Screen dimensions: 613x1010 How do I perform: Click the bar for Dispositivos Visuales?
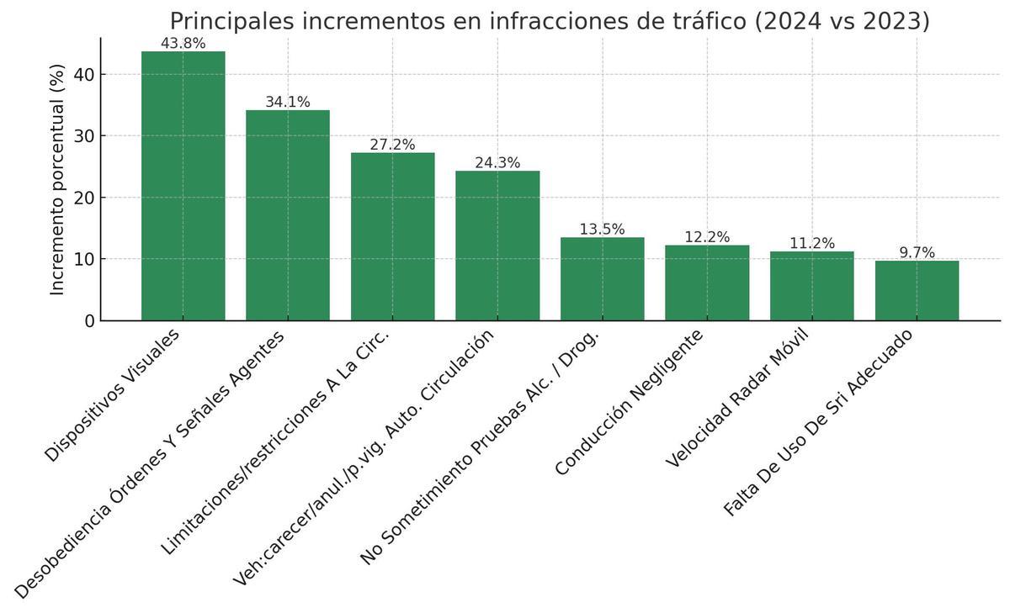click(x=183, y=186)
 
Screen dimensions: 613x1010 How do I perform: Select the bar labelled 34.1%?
click(x=287, y=215)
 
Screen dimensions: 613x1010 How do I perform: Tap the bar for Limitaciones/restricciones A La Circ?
click(x=392, y=236)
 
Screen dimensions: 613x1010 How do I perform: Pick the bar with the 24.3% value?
click(x=497, y=246)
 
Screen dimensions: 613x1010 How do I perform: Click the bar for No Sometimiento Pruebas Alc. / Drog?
click(x=602, y=279)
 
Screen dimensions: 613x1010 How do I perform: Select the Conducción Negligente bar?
click(x=707, y=283)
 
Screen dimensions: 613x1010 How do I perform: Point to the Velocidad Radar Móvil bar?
click(x=811, y=286)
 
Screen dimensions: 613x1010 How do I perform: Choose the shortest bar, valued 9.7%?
click(x=917, y=290)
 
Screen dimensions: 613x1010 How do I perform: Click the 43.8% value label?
click(x=183, y=44)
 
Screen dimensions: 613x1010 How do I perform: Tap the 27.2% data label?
click(x=392, y=145)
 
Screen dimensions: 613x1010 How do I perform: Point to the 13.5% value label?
click(x=602, y=230)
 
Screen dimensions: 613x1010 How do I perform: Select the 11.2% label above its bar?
click(x=811, y=244)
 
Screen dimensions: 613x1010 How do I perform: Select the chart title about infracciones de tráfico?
click(x=550, y=20)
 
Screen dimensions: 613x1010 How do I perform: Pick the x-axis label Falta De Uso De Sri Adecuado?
click(x=818, y=422)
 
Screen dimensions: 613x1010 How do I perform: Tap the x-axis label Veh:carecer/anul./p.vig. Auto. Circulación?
click(x=364, y=457)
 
